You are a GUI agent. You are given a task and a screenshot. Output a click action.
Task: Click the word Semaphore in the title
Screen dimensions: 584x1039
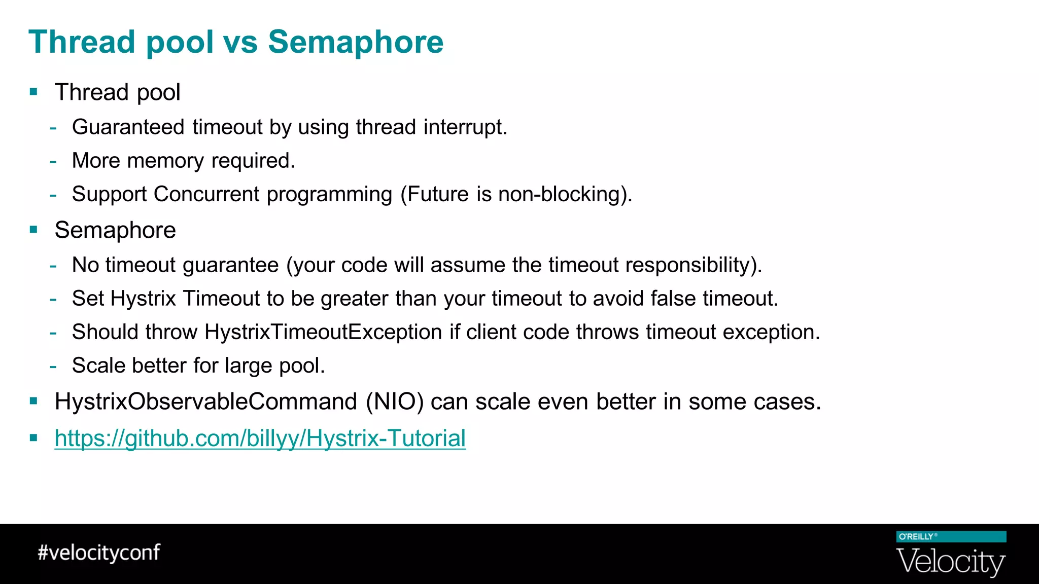coord(355,42)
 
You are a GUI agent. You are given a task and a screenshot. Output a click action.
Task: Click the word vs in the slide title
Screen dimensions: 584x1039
coord(240,42)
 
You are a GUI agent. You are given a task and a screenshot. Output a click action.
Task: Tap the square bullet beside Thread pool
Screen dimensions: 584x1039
coord(34,92)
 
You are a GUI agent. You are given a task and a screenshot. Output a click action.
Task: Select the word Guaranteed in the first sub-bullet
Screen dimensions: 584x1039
coord(128,127)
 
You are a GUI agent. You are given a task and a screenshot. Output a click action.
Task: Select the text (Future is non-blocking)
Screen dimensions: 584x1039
coord(516,194)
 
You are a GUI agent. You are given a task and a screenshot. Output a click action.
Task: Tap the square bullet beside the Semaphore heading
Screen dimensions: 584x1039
coord(34,230)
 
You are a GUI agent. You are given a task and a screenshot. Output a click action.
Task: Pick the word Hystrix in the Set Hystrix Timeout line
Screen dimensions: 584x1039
coord(143,299)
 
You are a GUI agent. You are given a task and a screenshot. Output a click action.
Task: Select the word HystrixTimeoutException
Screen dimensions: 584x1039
coord(323,332)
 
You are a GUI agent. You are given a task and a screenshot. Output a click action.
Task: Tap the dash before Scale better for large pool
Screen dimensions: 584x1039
coord(53,366)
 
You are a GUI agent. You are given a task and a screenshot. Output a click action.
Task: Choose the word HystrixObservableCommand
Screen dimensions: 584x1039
coord(206,401)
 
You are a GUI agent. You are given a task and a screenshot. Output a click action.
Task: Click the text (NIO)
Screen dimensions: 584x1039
coord(395,401)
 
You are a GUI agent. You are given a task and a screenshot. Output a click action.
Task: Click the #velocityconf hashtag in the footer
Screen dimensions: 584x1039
coord(99,553)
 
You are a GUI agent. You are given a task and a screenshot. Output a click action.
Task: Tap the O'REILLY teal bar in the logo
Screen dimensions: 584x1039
coord(951,537)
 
